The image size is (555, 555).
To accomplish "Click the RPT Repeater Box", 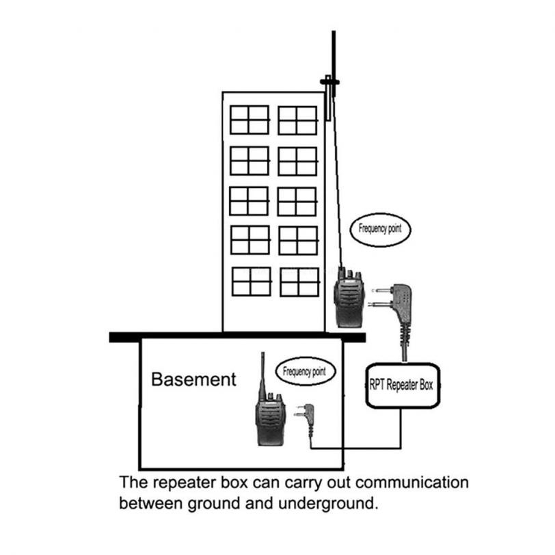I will (401, 385).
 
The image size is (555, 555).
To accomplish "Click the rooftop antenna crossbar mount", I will (329, 82).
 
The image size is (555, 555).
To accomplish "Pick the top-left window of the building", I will (249, 120).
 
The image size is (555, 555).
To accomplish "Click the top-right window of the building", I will (297, 120).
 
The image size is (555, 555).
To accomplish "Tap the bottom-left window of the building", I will (251, 281).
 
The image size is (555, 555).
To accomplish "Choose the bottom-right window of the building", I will (299, 281).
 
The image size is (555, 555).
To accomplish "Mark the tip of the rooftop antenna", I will (334, 33).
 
